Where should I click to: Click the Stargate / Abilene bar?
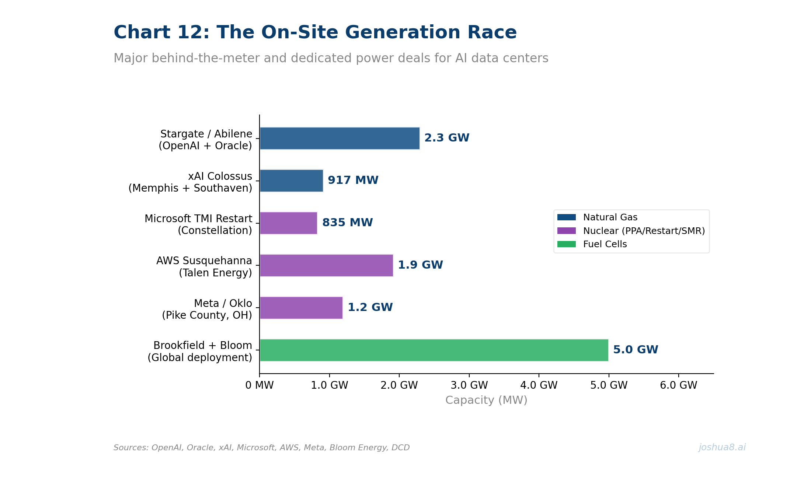(x=340, y=139)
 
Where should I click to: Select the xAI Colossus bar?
(x=292, y=181)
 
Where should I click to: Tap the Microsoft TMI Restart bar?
(x=289, y=223)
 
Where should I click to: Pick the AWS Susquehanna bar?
(x=326, y=266)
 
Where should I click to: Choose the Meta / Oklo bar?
(x=301, y=308)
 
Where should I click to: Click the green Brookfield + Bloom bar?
(x=434, y=350)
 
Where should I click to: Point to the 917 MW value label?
(x=353, y=180)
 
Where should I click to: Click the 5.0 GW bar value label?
(x=635, y=350)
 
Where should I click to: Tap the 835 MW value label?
(x=347, y=223)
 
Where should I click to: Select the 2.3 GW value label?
(x=446, y=138)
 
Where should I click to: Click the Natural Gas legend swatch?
(x=566, y=217)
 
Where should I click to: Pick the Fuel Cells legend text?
(x=605, y=244)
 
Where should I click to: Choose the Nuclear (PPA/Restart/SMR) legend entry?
(x=644, y=231)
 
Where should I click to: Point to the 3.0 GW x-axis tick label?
(x=469, y=385)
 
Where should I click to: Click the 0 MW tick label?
(x=260, y=385)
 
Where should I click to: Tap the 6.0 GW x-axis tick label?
(x=678, y=385)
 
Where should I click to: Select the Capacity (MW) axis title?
(x=486, y=400)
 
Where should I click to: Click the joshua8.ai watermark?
(x=722, y=447)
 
